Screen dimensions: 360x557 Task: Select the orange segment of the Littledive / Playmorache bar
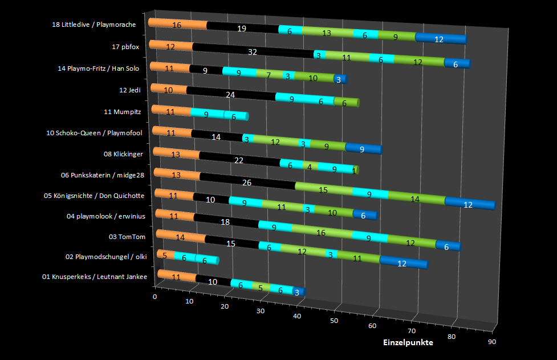[177, 25]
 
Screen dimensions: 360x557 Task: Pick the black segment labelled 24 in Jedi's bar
[230, 95]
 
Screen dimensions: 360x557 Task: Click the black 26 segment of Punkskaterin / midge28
[247, 183]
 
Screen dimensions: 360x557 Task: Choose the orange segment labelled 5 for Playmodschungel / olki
[165, 256]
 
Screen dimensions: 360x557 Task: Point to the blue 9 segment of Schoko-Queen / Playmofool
[363, 149]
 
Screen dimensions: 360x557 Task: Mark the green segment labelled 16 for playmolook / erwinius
[322, 233]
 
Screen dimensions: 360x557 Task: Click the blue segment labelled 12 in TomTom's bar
[402, 263]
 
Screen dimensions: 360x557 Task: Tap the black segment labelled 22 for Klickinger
[239, 160]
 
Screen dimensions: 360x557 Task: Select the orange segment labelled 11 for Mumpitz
[170, 111]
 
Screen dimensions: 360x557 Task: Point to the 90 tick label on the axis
[491, 342]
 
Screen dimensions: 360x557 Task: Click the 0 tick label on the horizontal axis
[155, 297]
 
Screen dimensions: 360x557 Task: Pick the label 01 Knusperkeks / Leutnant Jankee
[95, 277]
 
